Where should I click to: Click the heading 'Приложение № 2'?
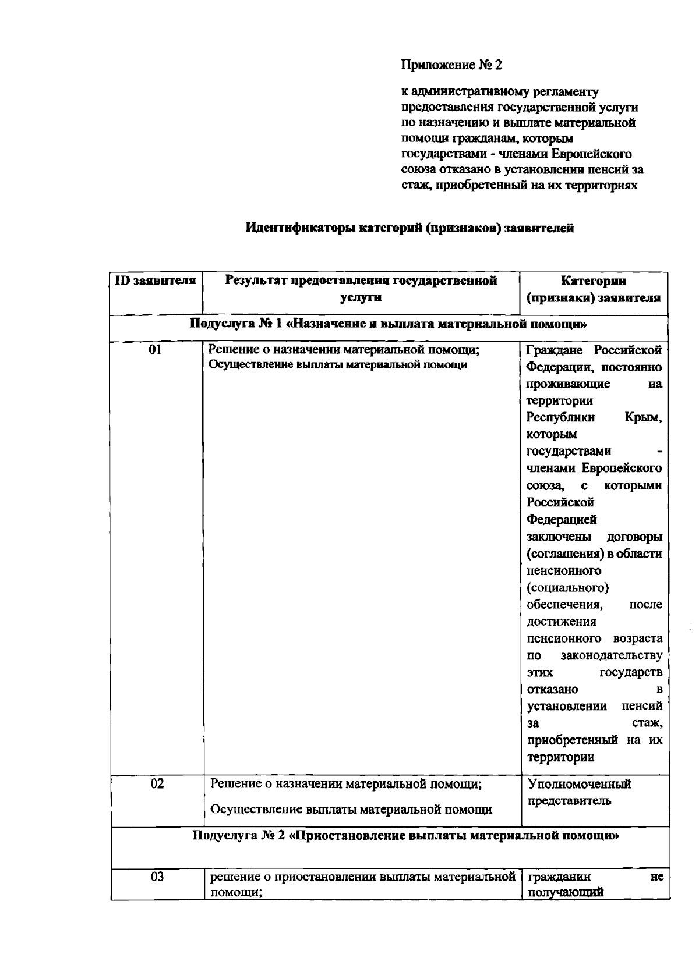[451, 65]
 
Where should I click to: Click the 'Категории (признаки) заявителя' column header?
[593, 289]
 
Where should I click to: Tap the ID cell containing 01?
[156, 350]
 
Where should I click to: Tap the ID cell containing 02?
[157, 783]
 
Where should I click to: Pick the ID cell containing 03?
[157, 877]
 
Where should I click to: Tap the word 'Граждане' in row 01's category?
[555, 350]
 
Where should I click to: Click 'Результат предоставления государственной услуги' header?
[361, 289]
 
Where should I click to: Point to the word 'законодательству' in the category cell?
[611, 655]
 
